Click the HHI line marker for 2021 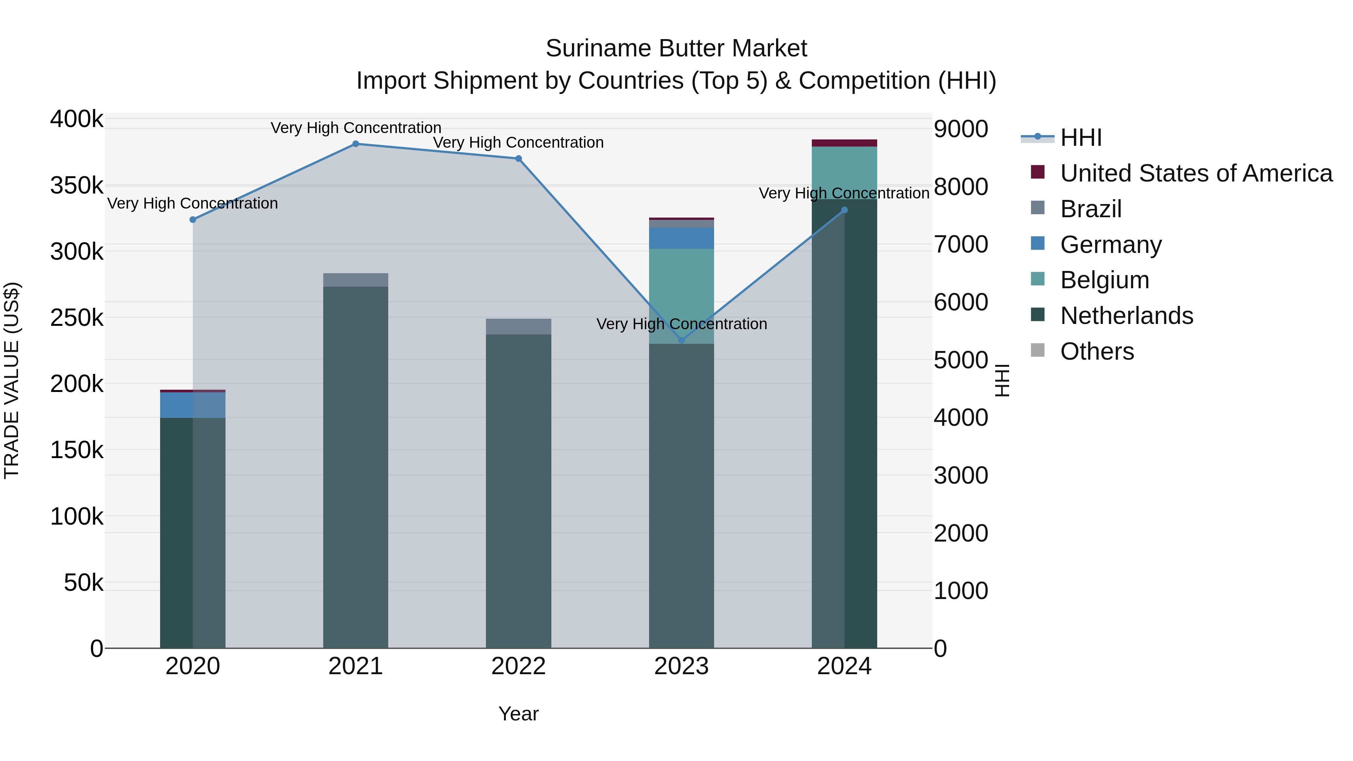pos(356,144)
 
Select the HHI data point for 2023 pos(682,340)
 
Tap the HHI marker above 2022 pos(518,159)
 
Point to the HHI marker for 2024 pos(844,210)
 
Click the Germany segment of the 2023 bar pos(682,238)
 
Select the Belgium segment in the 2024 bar pos(844,172)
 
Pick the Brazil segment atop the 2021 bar pos(356,280)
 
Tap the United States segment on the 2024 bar pos(844,143)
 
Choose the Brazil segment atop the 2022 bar pos(518,327)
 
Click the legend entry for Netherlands pos(1127,316)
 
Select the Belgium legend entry pos(1105,280)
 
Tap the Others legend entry pos(1097,351)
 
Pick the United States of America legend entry pos(1196,173)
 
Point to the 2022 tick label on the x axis pos(518,666)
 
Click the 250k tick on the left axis pos(77,318)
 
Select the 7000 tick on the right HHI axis pos(961,245)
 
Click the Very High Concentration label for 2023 pos(682,324)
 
